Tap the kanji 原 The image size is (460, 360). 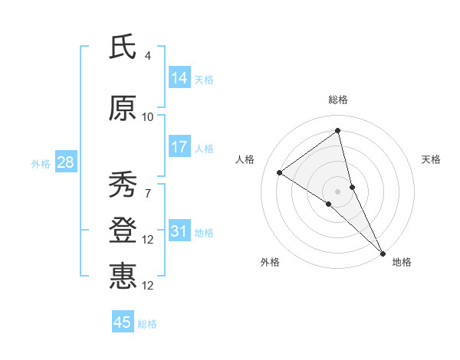click(x=123, y=110)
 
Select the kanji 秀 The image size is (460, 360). click(x=123, y=185)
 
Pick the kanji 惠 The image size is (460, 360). click(x=123, y=277)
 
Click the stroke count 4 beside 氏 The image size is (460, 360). click(x=148, y=56)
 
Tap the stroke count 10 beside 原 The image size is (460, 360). click(x=148, y=117)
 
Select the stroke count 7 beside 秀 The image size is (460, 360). click(x=148, y=192)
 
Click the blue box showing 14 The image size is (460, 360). click(x=179, y=78)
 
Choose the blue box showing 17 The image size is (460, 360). click(x=179, y=147)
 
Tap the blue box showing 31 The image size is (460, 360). click(x=179, y=232)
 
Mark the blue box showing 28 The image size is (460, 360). click(x=65, y=162)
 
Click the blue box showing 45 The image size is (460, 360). click(x=123, y=322)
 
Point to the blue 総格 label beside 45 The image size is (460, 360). click(x=147, y=324)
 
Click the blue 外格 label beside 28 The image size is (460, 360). click(x=41, y=164)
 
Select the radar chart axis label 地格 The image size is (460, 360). click(x=402, y=262)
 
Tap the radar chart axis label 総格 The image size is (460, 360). click(x=337, y=100)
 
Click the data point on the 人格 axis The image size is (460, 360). click(x=280, y=172)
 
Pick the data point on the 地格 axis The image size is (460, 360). click(x=383, y=252)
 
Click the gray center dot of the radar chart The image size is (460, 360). click(x=337, y=191)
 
